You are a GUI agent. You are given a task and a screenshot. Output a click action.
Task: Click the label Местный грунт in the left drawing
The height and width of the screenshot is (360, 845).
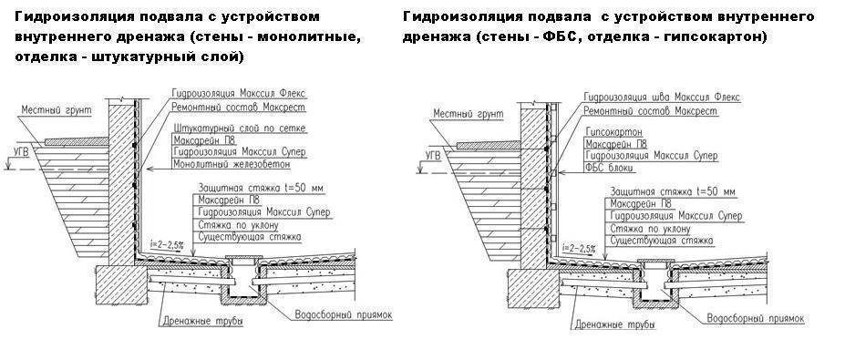[x=56, y=110]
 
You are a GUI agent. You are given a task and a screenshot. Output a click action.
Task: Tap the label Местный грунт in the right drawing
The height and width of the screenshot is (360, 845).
[x=469, y=114]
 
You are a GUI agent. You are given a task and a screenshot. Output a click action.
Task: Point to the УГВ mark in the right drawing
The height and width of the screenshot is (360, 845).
[x=433, y=156]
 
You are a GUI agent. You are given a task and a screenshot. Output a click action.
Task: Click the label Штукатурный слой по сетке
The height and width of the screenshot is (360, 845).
[x=240, y=129]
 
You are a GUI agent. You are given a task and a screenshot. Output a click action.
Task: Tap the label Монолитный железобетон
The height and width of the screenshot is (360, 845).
[x=232, y=164]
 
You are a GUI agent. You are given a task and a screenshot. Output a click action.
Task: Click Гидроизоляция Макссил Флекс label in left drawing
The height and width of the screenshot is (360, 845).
[x=239, y=93]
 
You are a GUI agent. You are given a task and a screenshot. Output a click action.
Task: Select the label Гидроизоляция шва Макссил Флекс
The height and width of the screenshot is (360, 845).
[x=662, y=97]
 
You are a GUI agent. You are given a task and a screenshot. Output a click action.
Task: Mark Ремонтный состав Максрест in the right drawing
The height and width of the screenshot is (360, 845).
[x=651, y=111]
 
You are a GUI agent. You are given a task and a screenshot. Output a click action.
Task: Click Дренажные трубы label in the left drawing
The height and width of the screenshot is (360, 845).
[x=201, y=323]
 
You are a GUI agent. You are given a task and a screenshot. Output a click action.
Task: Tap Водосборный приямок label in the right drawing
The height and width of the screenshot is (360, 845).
[x=756, y=318]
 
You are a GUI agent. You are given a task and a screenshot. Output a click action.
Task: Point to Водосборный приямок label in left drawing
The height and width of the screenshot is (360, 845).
[x=344, y=314]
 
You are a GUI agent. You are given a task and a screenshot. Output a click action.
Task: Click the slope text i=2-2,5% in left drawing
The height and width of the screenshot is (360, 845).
[x=167, y=244]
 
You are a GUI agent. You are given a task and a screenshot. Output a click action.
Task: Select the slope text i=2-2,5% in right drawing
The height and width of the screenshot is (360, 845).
[x=579, y=249]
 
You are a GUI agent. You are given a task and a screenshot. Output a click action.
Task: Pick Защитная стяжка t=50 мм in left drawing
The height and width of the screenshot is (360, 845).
[x=263, y=188]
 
